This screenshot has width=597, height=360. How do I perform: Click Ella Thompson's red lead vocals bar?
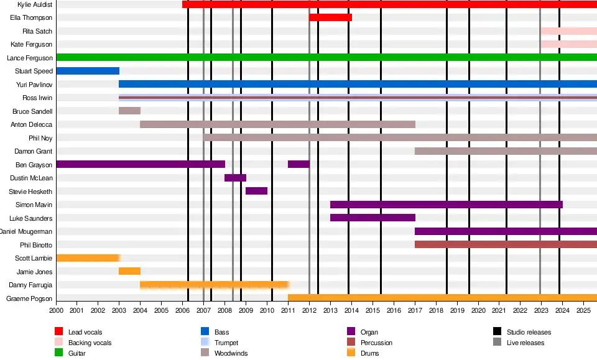(330, 17)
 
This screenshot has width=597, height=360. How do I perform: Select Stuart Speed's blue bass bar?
(88, 71)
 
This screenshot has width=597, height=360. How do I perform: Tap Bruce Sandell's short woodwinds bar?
(129, 111)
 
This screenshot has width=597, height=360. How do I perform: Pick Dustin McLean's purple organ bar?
(235, 178)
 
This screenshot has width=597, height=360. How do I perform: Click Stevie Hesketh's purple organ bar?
(256, 191)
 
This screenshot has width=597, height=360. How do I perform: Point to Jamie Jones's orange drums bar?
(129, 271)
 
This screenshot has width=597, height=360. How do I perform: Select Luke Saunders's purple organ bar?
(373, 218)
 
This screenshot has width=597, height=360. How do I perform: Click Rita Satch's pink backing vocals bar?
(568, 31)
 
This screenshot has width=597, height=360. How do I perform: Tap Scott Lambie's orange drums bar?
(88, 258)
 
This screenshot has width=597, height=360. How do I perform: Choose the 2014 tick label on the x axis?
(351, 310)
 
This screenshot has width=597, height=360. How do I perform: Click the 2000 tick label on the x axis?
(56, 310)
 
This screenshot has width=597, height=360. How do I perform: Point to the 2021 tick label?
(499, 310)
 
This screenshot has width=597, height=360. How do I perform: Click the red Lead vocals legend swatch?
(59, 331)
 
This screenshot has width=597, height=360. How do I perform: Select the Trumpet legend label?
(226, 343)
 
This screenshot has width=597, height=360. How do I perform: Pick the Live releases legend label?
(525, 343)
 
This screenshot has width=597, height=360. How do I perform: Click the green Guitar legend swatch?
(59, 353)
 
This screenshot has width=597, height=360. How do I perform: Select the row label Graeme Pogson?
(29, 298)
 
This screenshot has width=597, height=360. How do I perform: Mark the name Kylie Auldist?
(35, 4)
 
